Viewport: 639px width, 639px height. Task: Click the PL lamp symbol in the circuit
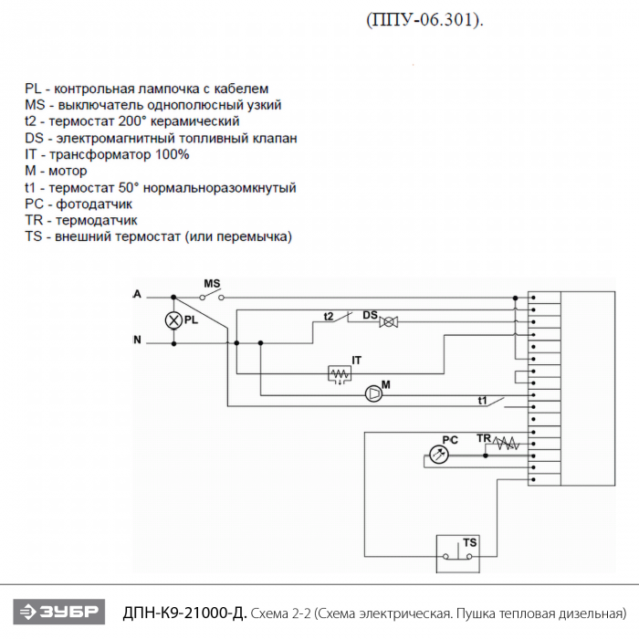(173, 320)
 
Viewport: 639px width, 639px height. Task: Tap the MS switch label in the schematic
(212, 284)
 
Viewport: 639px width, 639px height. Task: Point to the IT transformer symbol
(340, 373)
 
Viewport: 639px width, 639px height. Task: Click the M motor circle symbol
(372, 394)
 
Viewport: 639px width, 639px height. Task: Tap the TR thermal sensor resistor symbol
(505, 445)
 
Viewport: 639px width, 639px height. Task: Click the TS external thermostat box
(457, 552)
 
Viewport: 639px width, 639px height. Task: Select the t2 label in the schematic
(329, 316)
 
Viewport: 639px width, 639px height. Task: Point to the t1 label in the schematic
(483, 400)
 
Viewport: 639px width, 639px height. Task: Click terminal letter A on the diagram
(137, 295)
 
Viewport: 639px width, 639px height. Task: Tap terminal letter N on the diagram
(137, 341)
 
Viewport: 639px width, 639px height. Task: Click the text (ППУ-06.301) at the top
(422, 20)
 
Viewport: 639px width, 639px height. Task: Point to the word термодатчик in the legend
(96, 220)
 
